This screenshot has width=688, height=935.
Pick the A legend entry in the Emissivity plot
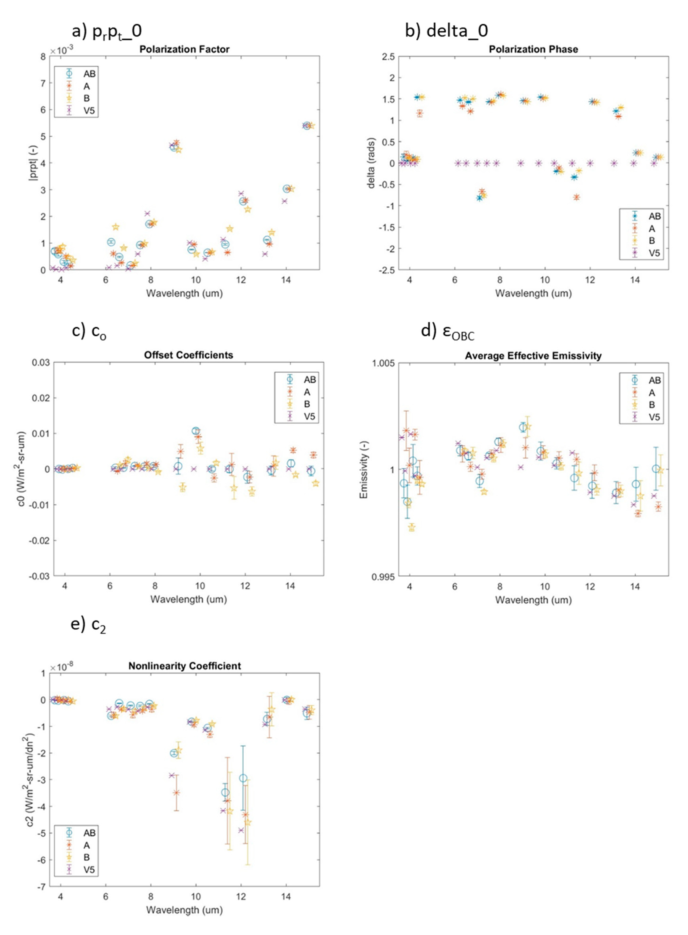(x=652, y=393)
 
